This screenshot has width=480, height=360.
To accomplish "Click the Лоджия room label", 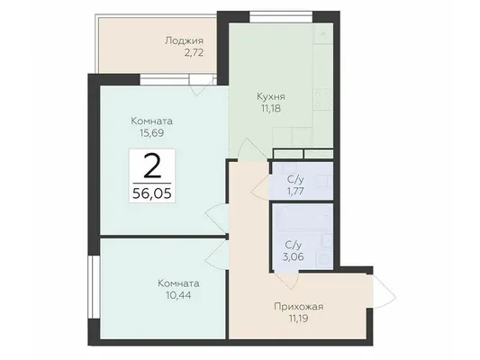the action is [x=184, y=41].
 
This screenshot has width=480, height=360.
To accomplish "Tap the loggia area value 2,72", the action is [x=194, y=53].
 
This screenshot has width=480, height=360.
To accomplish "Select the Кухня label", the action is [x=271, y=96].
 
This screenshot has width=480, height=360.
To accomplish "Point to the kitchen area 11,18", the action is [x=271, y=109].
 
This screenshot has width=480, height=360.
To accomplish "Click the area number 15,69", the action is [x=152, y=133].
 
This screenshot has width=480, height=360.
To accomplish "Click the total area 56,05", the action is [x=152, y=193].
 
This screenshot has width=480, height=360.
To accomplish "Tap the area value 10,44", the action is [x=179, y=295].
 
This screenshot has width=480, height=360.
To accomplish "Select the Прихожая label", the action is [x=299, y=307].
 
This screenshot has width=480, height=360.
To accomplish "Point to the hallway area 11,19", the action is [x=299, y=319].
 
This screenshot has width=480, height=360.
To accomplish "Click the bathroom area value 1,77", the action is [x=295, y=191].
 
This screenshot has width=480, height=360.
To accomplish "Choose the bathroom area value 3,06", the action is [x=294, y=256].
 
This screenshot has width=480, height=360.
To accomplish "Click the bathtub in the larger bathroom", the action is [x=304, y=217].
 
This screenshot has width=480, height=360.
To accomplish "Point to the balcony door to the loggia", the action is [x=202, y=85].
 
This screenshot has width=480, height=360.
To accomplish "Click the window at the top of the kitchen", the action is [x=281, y=17].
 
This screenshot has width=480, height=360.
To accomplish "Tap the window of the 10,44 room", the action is [x=94, y=287].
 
